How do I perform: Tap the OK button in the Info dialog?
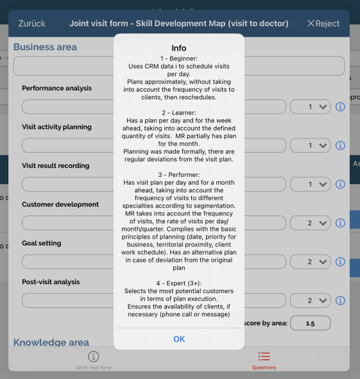(x=179, y=339)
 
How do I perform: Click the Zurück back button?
(x=31, y=24)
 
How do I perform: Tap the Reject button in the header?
(x=323, y=24)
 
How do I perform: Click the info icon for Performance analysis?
(x=340, y=106)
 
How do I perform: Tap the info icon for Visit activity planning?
(x=340, y=146)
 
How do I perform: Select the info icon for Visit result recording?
(x=340, y=184)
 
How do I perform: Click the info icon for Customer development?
(x=340, y=223)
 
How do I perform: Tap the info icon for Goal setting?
(x=340, y=262)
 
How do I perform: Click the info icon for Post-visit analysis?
(x=340, y=301)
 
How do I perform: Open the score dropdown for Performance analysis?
(x=311, y=106)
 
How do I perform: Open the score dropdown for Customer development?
(x=311, y=223)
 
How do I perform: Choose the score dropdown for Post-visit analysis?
(x=311, y=301)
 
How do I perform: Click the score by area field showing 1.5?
(x=311, y=323)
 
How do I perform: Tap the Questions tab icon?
(x=264, y=357)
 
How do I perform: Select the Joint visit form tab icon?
(x=94, y=357)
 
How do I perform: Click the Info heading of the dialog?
(x=179, y=48)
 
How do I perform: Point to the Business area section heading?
(x=45, y=47)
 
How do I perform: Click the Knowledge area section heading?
(x=51, y=342)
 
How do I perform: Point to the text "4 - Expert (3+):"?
(x=179, y=283)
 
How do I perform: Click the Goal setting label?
(x=41, y=243)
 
